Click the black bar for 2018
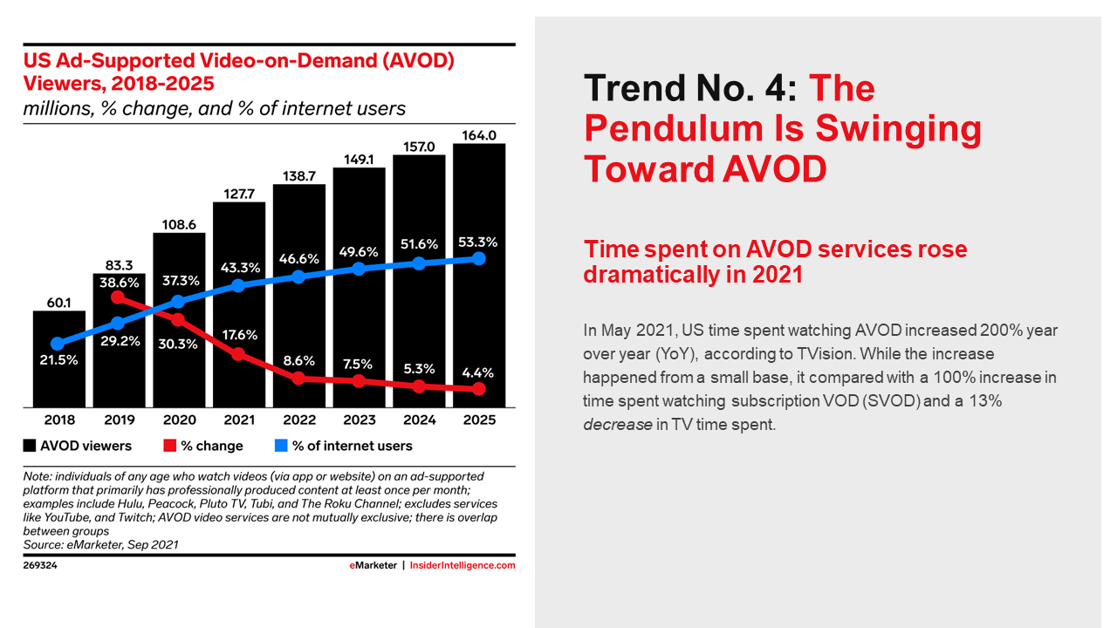(59, 375)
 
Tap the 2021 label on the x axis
(239, 420)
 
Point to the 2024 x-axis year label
(419, 420)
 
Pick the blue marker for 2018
(58, 344)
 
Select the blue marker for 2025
(479, 258)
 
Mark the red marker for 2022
(299, 379)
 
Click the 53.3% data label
(479, 241)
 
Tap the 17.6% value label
(239, 334)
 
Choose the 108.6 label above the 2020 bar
(179, 223)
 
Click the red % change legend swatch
(170, 446)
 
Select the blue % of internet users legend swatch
(281, 446)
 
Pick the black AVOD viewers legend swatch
(30, 446)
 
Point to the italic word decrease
(617, 425)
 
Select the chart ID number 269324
(40, 565)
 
